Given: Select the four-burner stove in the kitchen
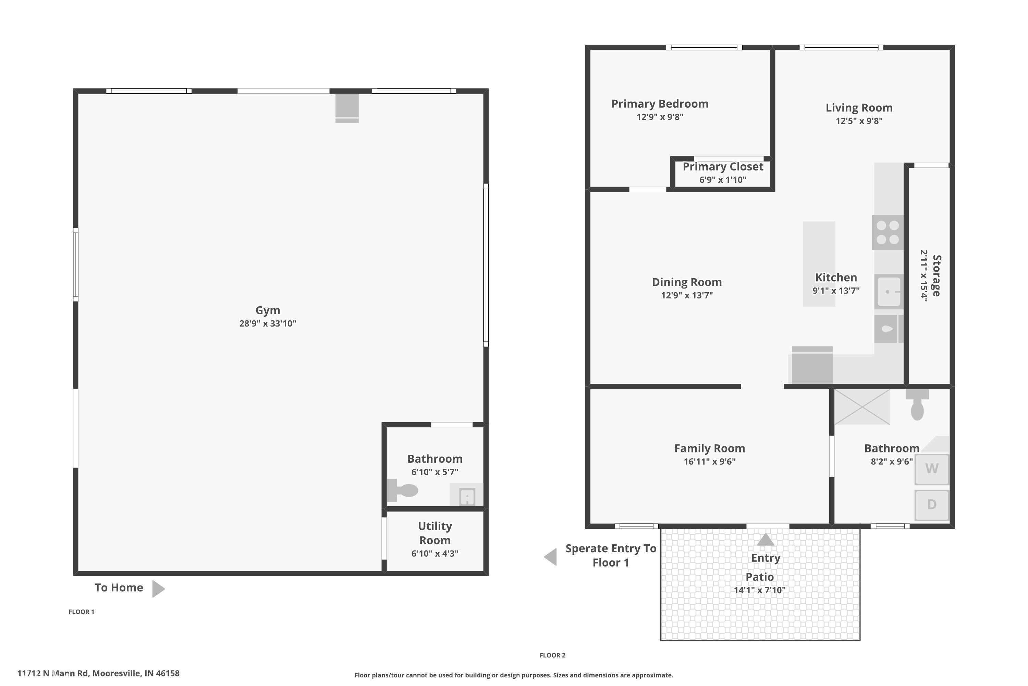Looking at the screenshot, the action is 888,232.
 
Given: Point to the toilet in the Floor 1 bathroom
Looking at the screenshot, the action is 403,490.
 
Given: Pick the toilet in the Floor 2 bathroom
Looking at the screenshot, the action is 917,405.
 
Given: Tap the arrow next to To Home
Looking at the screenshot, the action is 158,589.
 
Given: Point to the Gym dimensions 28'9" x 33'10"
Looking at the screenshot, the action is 268,324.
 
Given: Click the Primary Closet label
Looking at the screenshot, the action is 723,167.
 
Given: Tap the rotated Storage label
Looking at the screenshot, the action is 936,276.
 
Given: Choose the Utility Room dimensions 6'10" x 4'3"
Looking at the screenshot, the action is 435,554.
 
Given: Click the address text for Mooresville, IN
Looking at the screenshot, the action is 98,673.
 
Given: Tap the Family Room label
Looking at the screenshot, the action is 709,448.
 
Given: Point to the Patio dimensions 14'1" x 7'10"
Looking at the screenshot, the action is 760,590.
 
